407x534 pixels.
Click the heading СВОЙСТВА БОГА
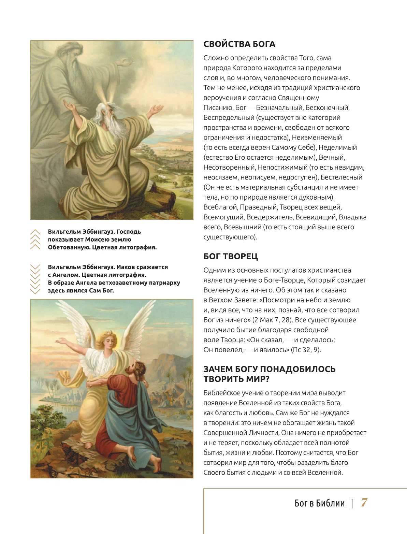pos(239,44)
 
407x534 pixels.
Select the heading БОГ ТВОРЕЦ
pos(231,256)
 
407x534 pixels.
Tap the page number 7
pos(364,503)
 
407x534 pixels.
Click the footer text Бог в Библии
pos(320,503)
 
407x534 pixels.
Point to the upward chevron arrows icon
pos(35,239)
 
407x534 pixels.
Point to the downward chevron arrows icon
pos(35,279)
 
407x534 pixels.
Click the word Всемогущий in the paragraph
pos(224,217)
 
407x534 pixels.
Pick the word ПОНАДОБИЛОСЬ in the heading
pos(297,369)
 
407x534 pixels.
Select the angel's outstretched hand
pos(62,341)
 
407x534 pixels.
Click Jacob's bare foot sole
pos(156,464)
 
